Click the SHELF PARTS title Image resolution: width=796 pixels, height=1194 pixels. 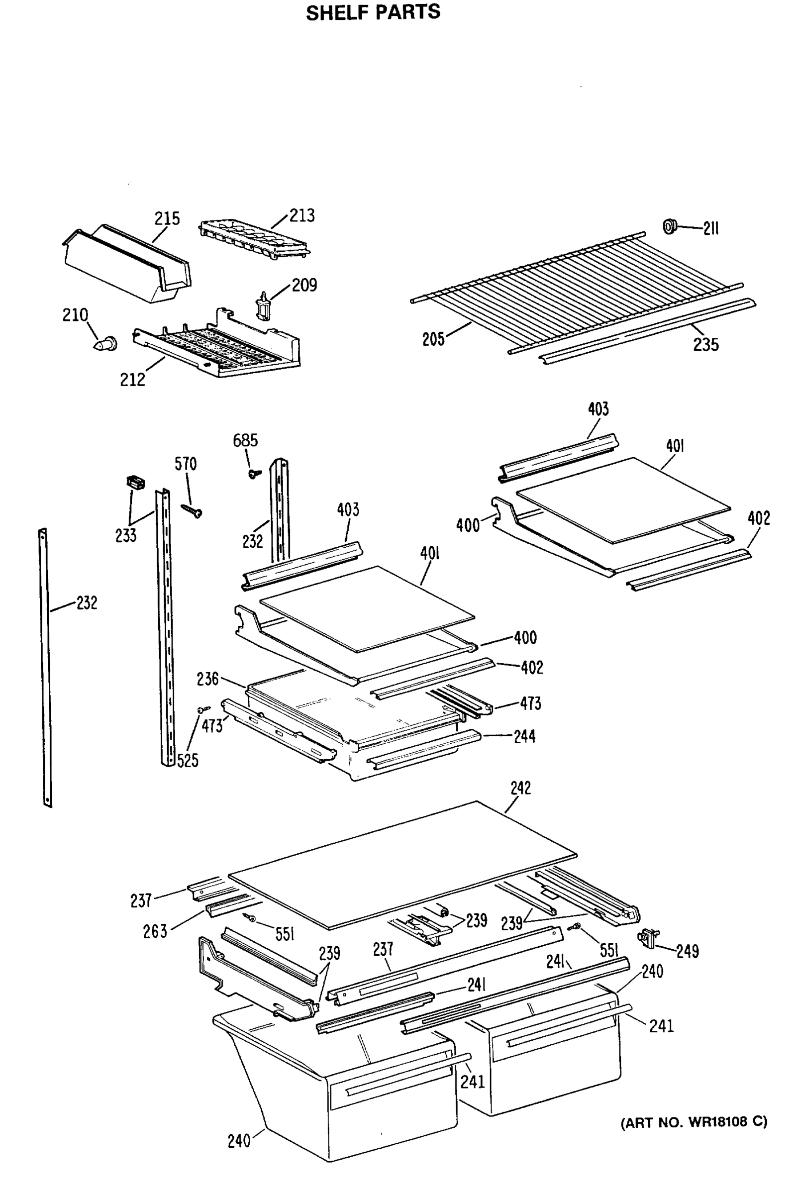(373, 12)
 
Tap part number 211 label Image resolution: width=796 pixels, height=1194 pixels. (711, 229)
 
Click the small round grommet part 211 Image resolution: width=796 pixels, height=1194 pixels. (670, 226)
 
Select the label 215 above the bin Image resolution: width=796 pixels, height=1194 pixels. (167, 218)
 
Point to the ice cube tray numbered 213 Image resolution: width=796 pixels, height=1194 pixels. (254, 239)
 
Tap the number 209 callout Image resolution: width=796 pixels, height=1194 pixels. (304, 285)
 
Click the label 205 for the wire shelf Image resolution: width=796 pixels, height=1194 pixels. (433, 339)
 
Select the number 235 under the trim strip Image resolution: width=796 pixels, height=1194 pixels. (705, 345)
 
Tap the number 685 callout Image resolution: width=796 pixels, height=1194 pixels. (245, 440)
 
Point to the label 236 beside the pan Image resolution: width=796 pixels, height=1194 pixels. (207, 679)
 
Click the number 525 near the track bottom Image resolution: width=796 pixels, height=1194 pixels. (188, 760)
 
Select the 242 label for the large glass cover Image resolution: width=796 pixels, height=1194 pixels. (520, 788)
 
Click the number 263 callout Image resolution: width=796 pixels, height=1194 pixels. (155, 931)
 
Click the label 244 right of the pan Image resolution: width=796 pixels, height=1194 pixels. (524, 736)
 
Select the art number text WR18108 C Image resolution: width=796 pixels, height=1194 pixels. (694, 1121)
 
